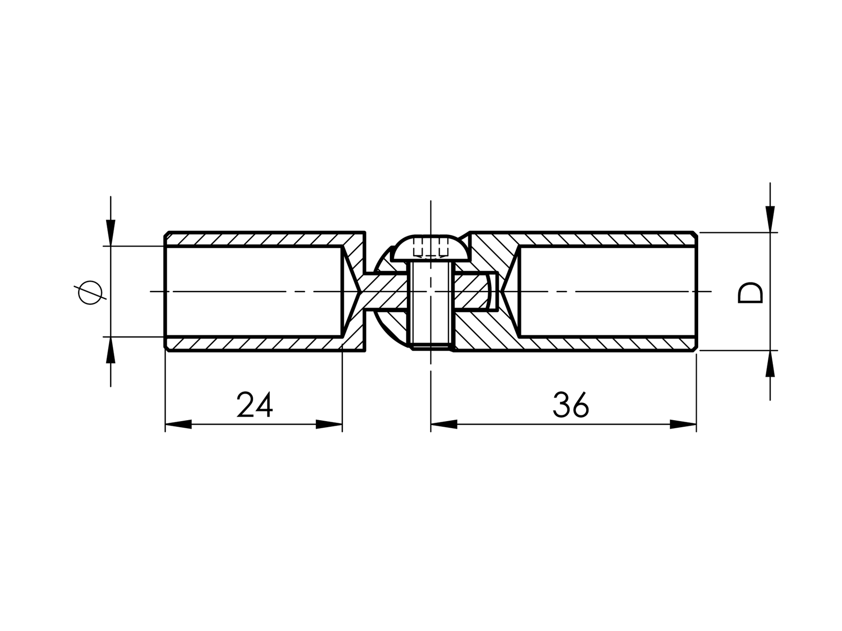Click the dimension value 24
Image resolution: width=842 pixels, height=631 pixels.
255,405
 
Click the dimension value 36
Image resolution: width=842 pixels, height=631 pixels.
571,405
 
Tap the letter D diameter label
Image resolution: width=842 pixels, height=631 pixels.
750,292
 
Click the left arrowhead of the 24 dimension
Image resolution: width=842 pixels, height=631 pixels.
178,425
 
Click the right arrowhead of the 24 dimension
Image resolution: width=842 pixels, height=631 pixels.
329,425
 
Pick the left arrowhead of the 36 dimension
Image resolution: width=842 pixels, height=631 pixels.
444,425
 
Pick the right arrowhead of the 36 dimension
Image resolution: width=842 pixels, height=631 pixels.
683,425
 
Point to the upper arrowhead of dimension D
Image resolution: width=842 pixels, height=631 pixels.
770,219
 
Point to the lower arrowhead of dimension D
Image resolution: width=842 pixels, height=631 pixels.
770,364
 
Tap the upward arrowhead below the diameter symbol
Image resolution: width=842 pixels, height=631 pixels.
111,350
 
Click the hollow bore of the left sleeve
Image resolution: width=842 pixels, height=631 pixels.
253,291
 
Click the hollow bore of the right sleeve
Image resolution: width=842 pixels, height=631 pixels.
606,291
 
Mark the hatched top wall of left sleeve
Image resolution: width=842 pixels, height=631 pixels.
253,239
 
